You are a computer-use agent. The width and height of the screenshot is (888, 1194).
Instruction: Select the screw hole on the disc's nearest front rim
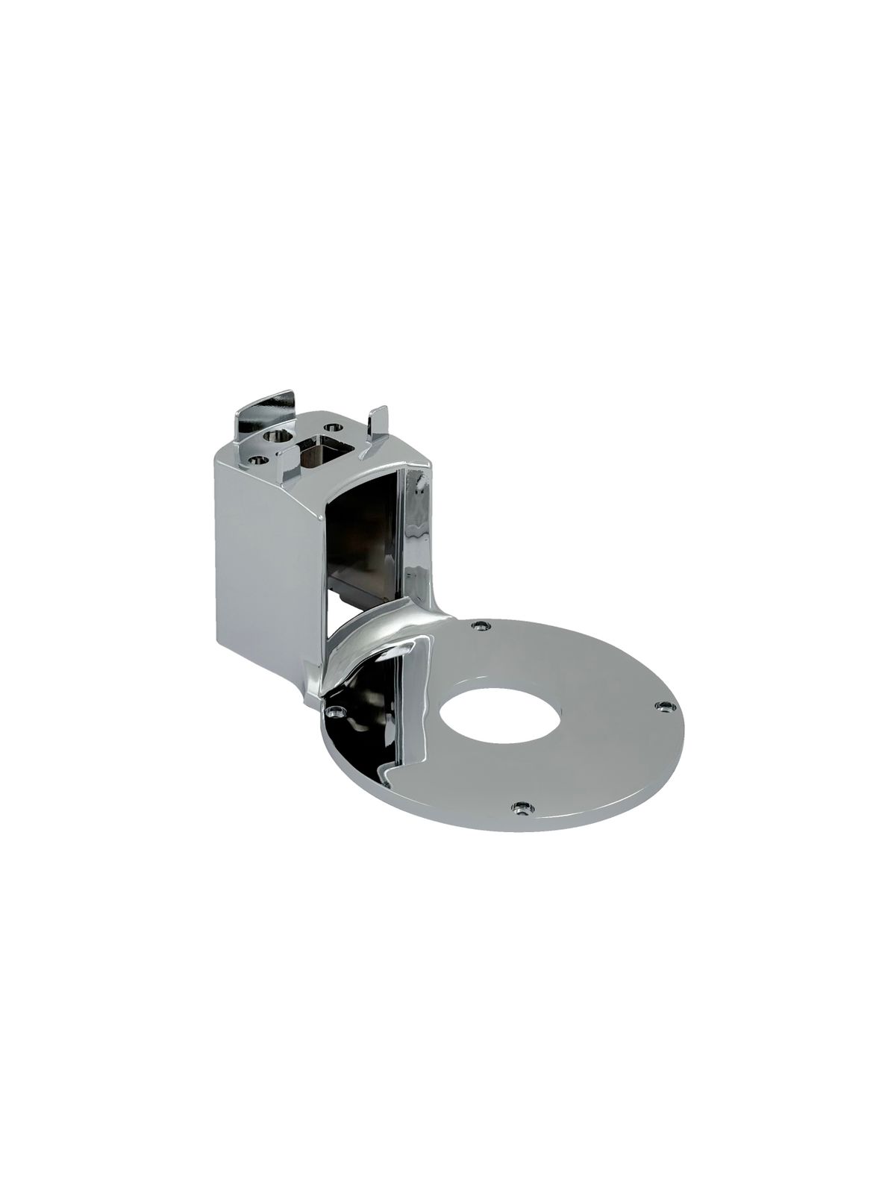520,807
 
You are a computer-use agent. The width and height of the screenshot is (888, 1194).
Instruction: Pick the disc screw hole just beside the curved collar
482,622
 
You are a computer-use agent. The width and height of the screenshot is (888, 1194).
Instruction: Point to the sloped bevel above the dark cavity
358,478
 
